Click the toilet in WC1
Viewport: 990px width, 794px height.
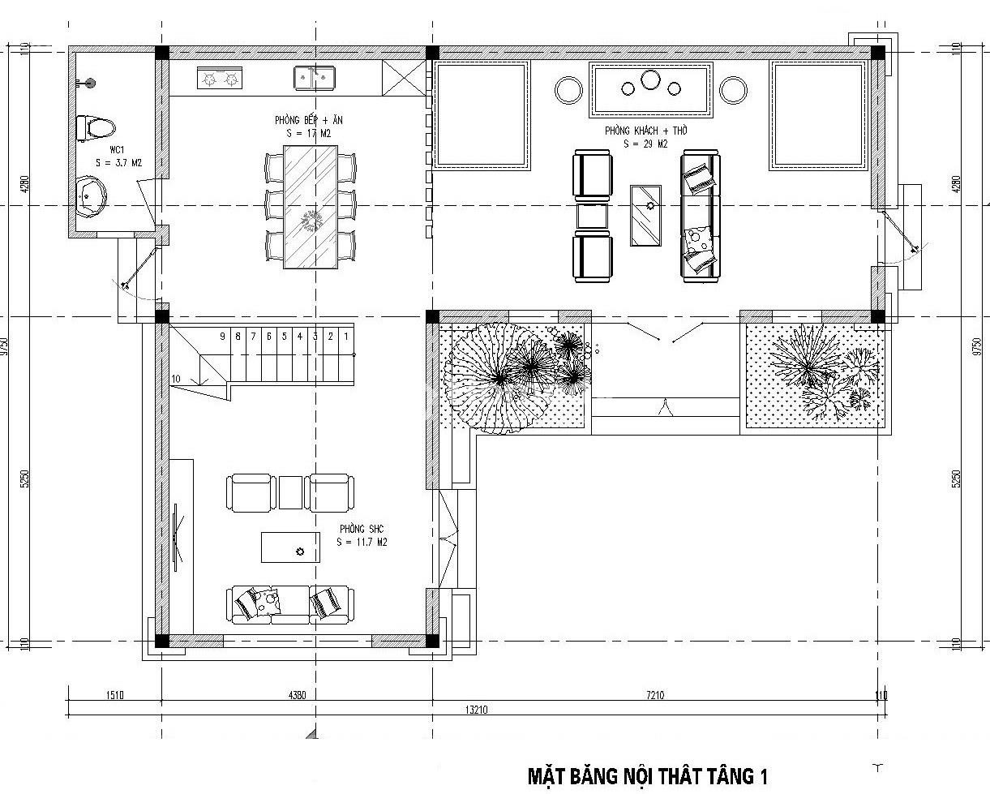coord(95,128)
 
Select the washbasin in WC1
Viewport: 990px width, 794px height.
coord(91,195)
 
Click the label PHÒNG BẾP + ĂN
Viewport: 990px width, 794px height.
coord(309,120)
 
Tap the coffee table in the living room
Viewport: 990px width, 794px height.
coord(645,215)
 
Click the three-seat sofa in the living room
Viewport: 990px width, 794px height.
coord(700,216)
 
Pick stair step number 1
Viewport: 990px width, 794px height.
coord(346,336)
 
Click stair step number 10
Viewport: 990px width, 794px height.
coord(176,379)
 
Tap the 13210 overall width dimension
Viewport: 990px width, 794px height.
coord(475,710)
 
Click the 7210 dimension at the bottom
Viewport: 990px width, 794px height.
coord(654,695)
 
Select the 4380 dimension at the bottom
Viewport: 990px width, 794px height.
coord(297,695)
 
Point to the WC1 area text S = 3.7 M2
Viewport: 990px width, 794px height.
coord(118,163)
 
